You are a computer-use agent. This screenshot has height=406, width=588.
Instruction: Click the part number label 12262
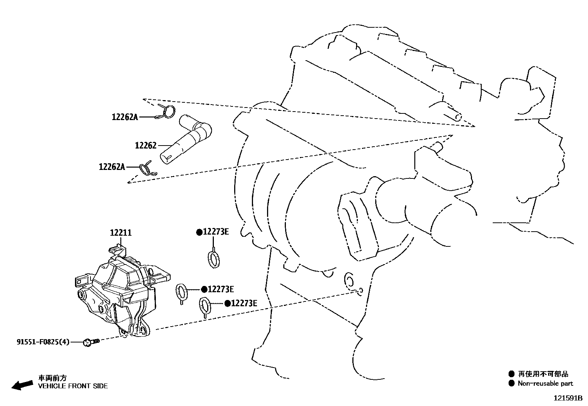tap(146, 146)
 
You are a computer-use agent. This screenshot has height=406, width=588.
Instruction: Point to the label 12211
tap(120, 233)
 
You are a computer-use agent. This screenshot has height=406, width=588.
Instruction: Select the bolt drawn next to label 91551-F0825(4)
tap(91, 342)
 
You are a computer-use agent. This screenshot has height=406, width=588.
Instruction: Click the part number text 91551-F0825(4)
tap(42, 342)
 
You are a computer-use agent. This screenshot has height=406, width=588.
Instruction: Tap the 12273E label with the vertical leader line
tap(216, 232)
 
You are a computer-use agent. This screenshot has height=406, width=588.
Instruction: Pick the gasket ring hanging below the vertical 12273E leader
tap(213, 259)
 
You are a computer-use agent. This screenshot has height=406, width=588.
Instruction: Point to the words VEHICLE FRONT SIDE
tap(73, 386)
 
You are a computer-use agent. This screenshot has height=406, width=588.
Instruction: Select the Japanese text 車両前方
tap(52, 378)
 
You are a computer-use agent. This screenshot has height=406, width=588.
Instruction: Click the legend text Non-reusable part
tap(545, 383)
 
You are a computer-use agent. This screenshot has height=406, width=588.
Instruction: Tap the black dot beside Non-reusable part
tap(511, 383)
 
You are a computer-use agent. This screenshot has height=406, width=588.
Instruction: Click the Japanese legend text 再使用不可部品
tap(543, 374)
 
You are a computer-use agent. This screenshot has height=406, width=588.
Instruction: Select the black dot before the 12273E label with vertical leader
tap(199, 232)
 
